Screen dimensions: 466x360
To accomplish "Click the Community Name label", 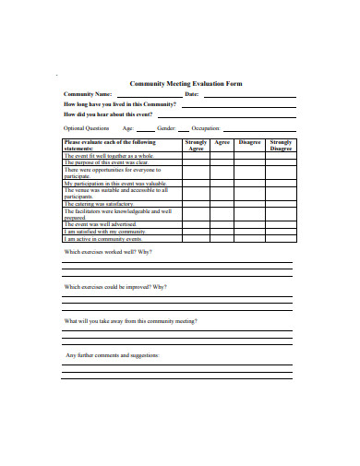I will click(88, 94).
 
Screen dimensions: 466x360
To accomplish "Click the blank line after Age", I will click(144, 130).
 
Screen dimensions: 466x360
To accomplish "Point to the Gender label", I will click(167, 128).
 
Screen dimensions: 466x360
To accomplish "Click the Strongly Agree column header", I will click(196, 146).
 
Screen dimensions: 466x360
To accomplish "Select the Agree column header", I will click(222, 143).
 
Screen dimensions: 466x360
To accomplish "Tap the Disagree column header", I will click(249, 143).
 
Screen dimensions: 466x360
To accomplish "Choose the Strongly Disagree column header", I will click(281, 146).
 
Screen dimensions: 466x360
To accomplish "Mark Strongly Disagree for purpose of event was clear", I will click(281, 163).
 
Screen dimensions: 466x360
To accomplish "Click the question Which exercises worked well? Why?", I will click(107, 252).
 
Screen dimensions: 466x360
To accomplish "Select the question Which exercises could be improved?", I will click(115, 287).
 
